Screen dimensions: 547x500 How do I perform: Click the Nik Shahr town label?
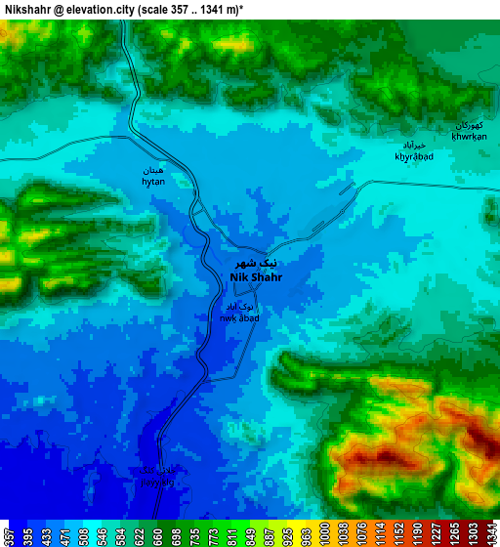(x=255, y=277)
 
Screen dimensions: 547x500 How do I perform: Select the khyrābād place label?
(x=414, y=156)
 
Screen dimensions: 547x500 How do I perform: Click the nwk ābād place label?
(x=239, y=317)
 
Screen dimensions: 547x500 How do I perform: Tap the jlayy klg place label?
(x=159, y=482)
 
